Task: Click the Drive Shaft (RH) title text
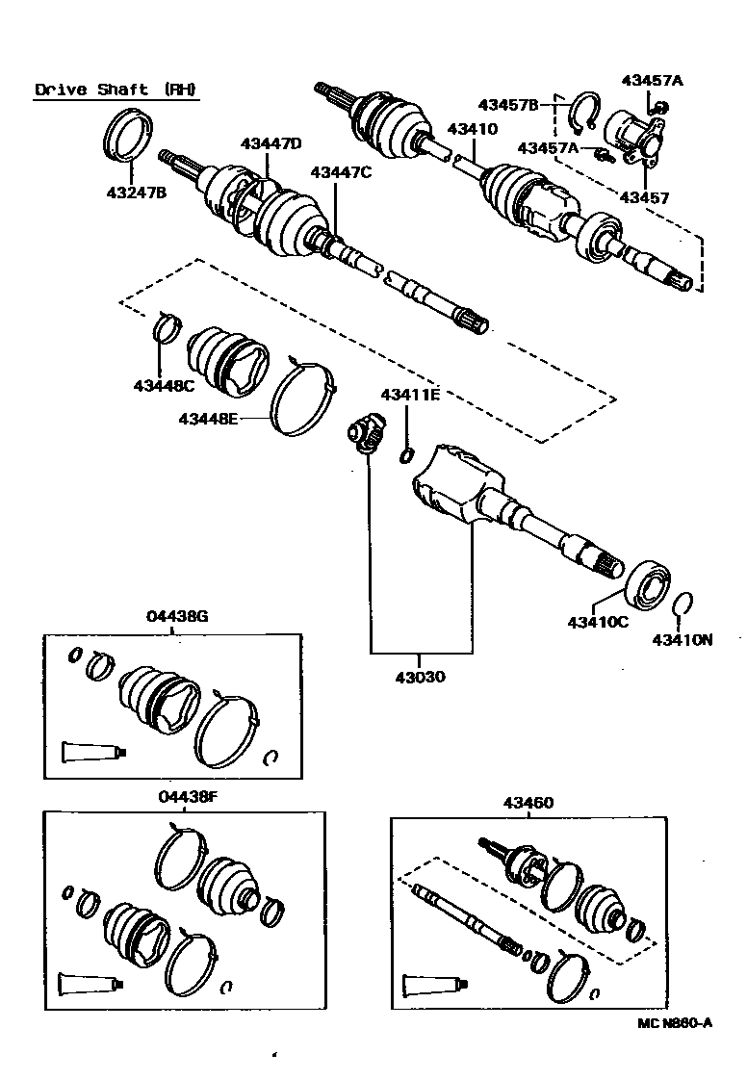[x=116, y=90]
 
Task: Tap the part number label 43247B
[x=136, y=192]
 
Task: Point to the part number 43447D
[x=270, y=143]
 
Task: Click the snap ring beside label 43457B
[x=583, y=113]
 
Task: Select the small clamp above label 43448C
[x=166, y=328]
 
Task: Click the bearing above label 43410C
[x=652, y=585]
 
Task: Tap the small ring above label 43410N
[x=682, y=604]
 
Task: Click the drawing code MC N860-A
[x=674, y=1023]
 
